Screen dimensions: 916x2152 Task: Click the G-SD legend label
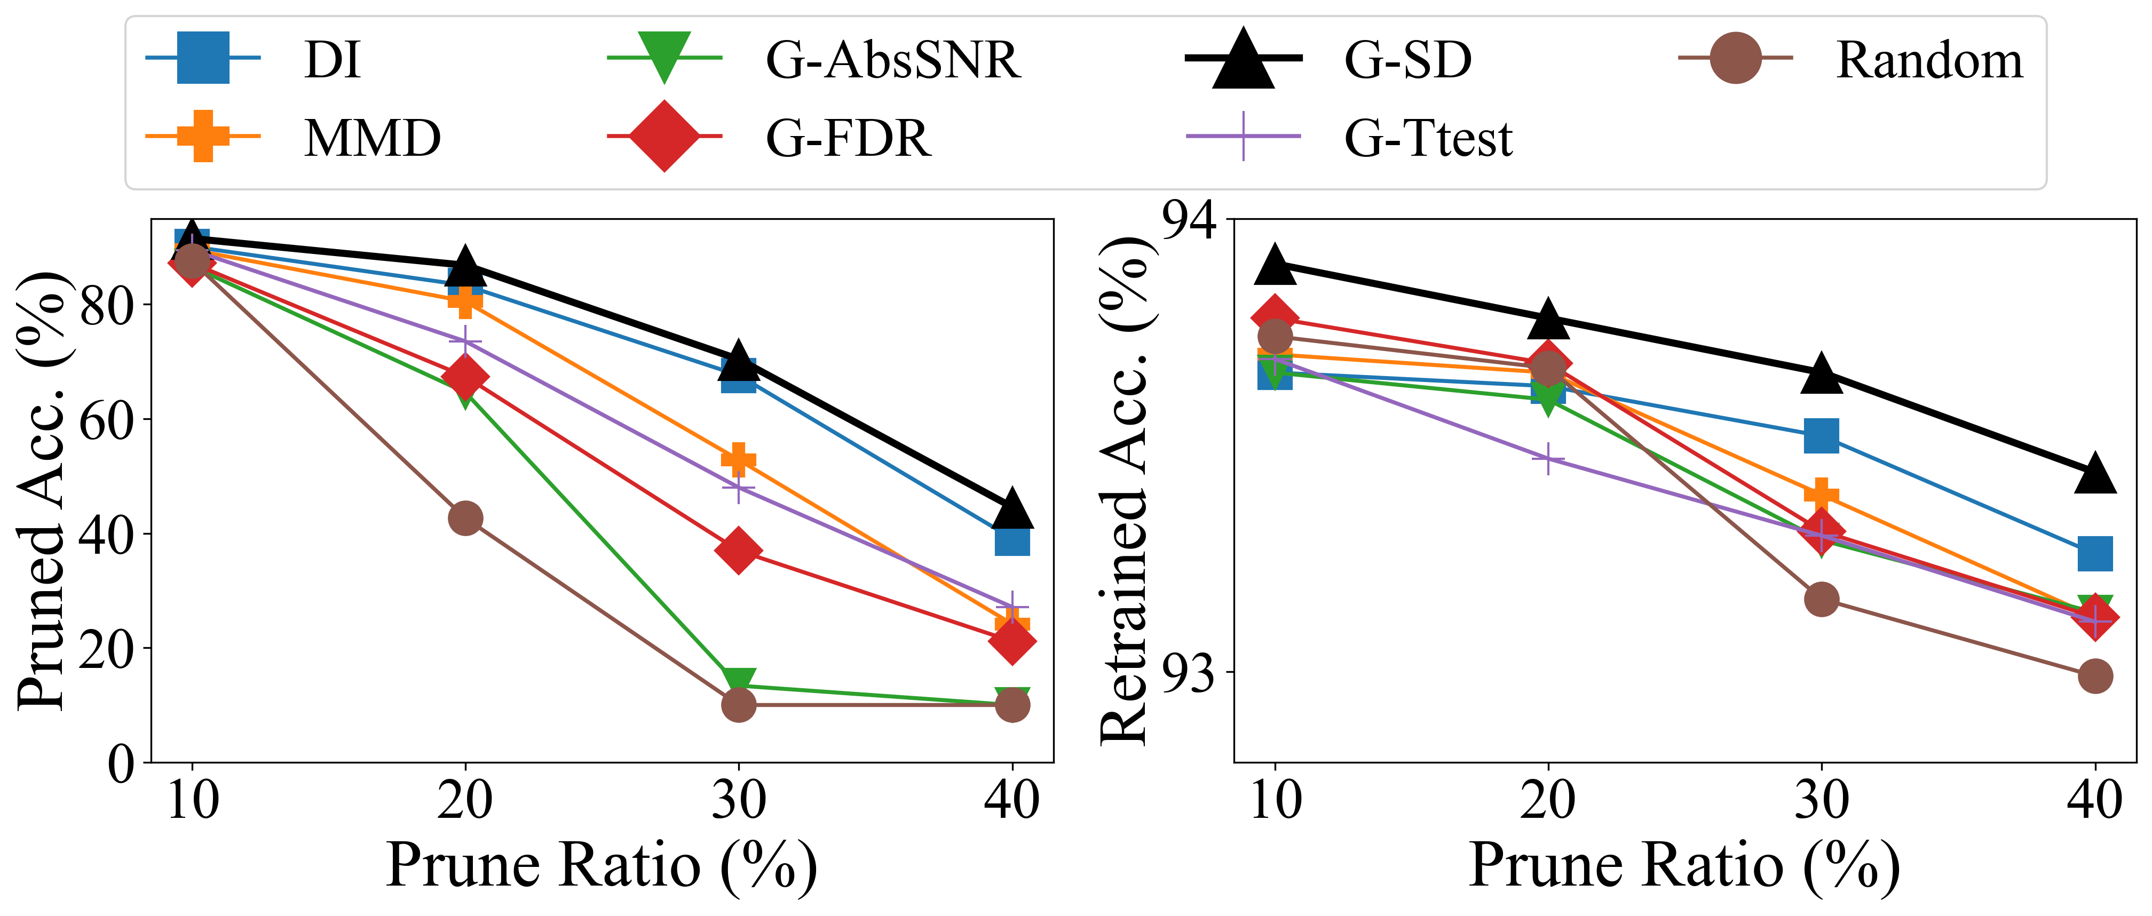tap(1407, 60)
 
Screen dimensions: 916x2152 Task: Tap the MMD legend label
tap(373, 138)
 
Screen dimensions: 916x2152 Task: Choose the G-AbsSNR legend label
tap(893, 60)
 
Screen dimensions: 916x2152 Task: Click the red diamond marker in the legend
tap(664, 136)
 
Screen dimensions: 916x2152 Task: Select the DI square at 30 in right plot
tap(1821, 435)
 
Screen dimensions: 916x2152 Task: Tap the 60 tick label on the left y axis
tap(107, 420)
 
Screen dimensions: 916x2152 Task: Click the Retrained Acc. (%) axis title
tap(1124, 490)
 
